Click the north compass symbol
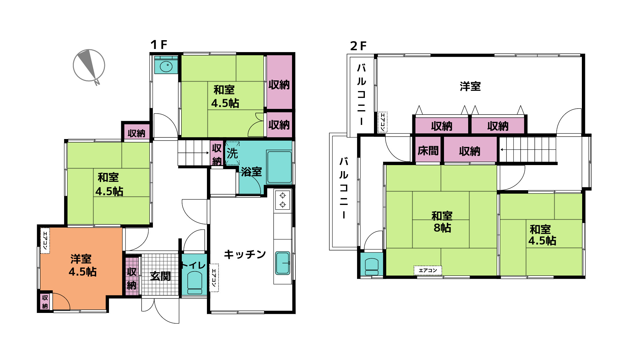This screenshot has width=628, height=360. (89, 66)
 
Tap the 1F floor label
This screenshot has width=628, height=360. (159, 45)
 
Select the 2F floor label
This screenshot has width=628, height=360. (358, 46)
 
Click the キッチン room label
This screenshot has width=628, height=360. (245, 254)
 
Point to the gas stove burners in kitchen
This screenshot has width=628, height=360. (283, 200)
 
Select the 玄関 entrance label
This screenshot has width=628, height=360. (160, 276)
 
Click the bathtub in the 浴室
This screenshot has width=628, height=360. (279, 167)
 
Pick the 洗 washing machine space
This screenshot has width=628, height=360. (232, 153)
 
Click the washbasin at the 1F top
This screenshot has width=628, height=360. (166, 67)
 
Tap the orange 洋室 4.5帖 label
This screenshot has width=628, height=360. (82, 265)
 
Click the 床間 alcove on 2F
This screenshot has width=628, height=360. (428, 151)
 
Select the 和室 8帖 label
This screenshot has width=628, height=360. (442, 222)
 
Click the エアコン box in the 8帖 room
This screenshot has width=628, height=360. (428, 270)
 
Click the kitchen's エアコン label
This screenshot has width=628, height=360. (214, 278)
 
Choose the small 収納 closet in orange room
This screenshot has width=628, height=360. (45, 302)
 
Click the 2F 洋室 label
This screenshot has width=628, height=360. (470, 86)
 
